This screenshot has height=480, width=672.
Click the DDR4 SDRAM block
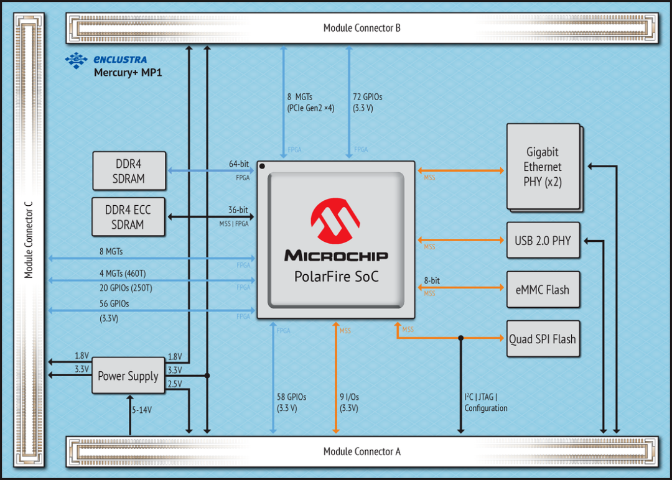pos(129,171)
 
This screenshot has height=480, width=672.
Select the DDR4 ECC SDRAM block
pos(128,216)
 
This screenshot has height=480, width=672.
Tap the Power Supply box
pos(128,376)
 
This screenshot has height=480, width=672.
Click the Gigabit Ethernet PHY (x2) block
pos(543,167)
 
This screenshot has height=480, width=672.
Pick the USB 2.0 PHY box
pos(543,240)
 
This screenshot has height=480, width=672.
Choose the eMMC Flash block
pos(543,290)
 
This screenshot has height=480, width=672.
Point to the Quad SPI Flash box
pos(543,339)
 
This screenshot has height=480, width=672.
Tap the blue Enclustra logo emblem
pos(77,60)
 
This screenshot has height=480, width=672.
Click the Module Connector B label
pos(362,28)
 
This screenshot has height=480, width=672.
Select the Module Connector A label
pos(362,451)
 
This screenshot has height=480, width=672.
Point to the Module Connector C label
pos(28,240)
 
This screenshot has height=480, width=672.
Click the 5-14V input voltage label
pos(142,410)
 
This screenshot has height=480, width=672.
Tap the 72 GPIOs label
pos(367,97)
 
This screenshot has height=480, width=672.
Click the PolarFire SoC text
pos(337,277)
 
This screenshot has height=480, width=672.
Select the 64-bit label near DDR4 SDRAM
pos(239,164)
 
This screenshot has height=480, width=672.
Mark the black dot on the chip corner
pos(262,166)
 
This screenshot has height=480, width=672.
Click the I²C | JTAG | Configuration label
pos(486,402)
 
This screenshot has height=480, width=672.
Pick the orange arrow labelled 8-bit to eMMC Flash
pos(460,287)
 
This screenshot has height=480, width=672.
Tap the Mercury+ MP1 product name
pos(128,73)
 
